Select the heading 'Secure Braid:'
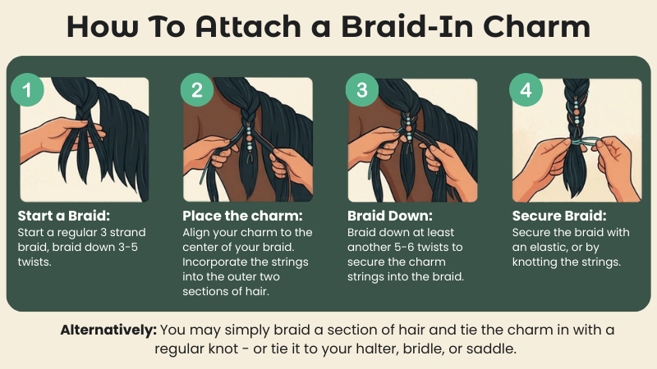(559, 217)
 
